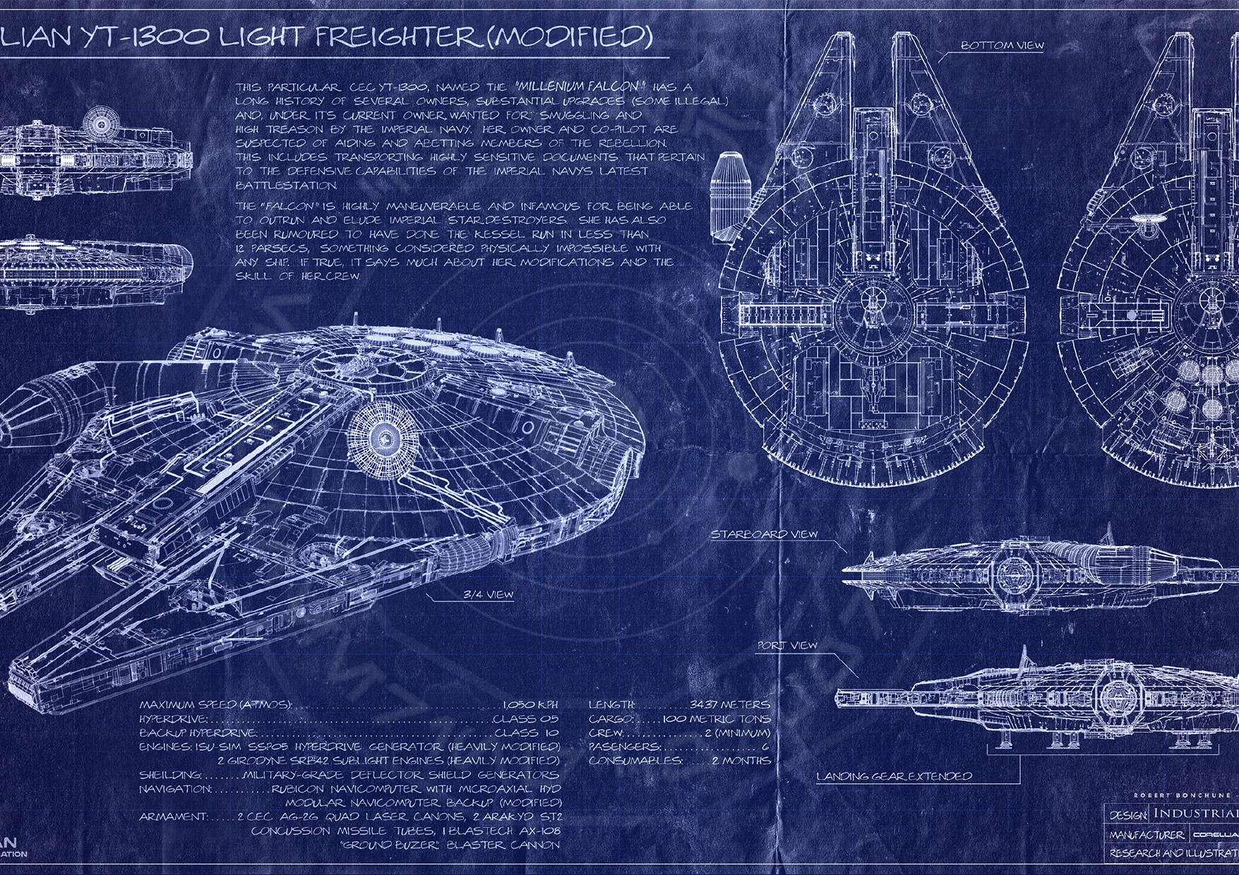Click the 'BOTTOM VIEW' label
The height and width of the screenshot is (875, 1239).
click(1002, 46)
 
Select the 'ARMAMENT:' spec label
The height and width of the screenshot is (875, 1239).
click(173, 816)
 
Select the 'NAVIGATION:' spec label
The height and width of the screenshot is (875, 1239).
click(174, 790)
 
